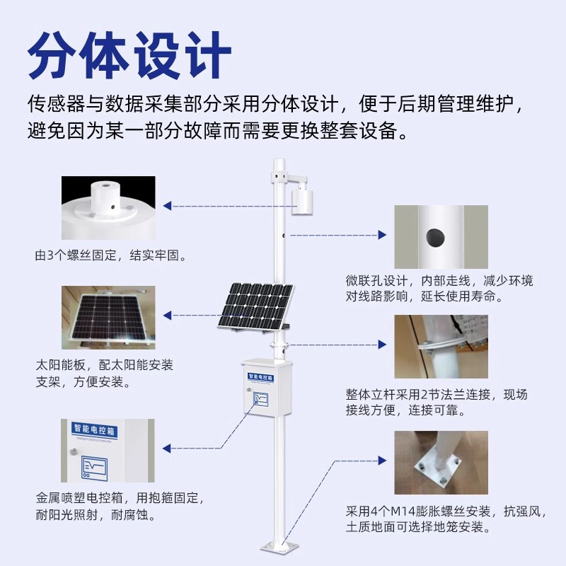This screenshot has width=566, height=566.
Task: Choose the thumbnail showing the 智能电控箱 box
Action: (x=107, y=451)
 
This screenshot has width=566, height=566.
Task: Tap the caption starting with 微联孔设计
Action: (x=439, y=289)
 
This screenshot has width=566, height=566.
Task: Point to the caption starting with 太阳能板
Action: (x=104, y=374)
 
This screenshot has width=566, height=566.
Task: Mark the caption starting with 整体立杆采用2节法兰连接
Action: (x=437, y=402)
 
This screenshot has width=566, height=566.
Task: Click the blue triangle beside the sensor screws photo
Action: (x=168, y=206)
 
